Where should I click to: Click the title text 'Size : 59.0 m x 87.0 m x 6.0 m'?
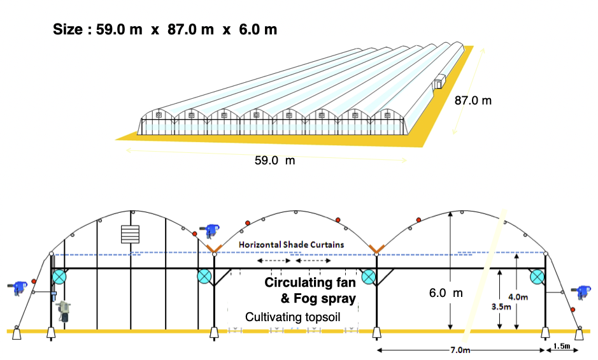(x=165, y=30)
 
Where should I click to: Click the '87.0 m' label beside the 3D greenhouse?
(x=473, y=100)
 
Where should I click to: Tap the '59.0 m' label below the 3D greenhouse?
(x=274, y=161)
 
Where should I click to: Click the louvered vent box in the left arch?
(x=130, y=234)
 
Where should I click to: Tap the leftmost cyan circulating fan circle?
(x=59, y=277)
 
